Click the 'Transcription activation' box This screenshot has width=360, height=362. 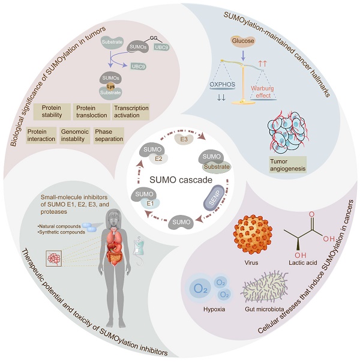coord(130,112)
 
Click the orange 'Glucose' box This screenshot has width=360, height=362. coord(240,43)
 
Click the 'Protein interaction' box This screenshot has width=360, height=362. coord(40,134)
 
